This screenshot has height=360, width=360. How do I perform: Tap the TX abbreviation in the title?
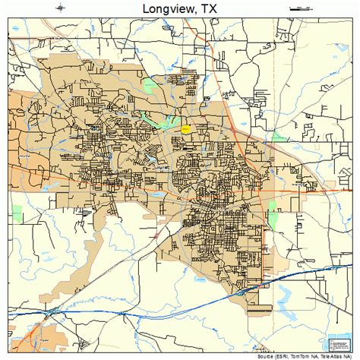[210, 8]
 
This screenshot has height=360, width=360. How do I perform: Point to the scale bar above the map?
[299, 8]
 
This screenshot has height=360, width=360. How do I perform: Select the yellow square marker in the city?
[185, 129]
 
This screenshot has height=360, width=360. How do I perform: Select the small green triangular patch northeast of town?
[277, 137]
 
